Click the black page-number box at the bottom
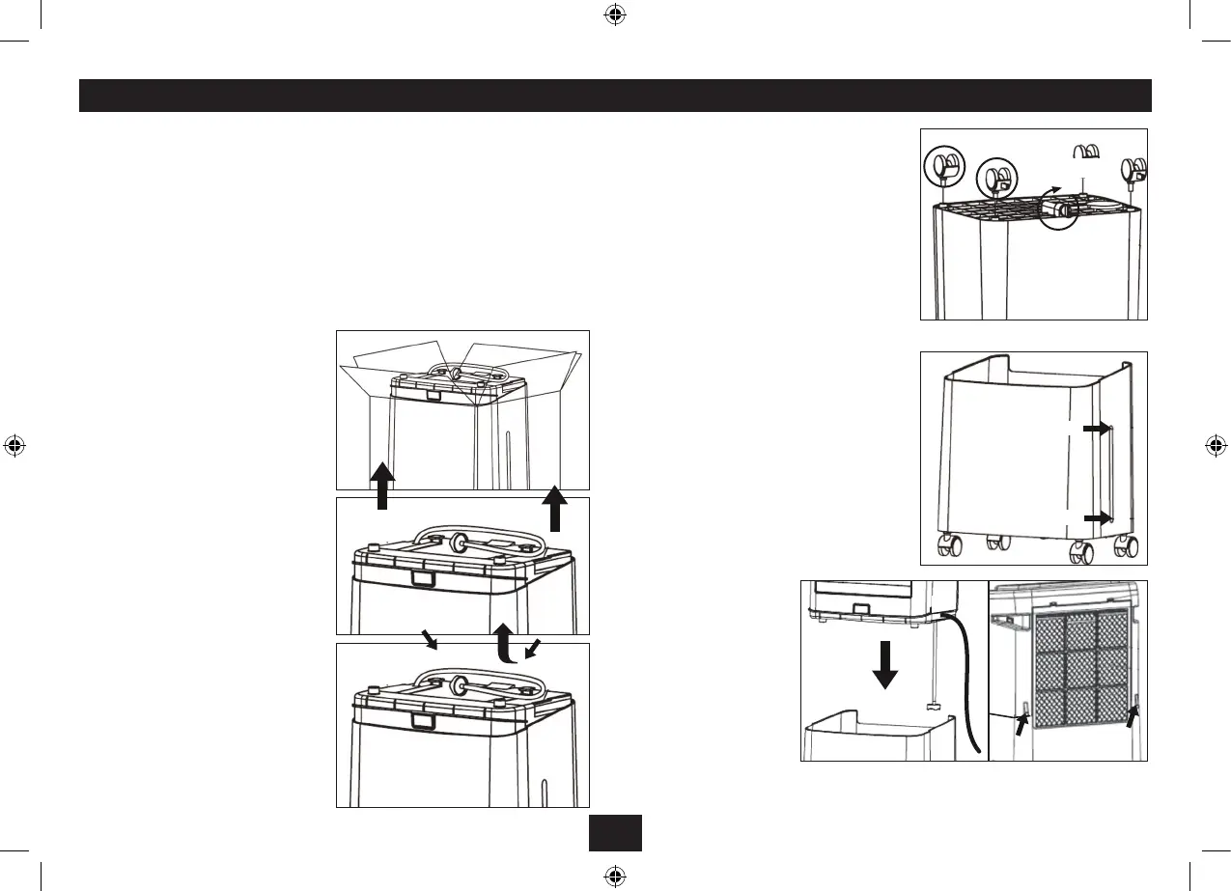[615, 833]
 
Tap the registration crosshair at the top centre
[615, 14]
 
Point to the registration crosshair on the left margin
[14, 446]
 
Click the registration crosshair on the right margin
[1216, 446]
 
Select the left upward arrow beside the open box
[383, 486]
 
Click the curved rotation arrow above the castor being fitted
[1057, 192]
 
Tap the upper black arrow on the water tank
[1097, 429]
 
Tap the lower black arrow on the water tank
[1097, 517]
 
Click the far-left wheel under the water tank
[941, 547]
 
